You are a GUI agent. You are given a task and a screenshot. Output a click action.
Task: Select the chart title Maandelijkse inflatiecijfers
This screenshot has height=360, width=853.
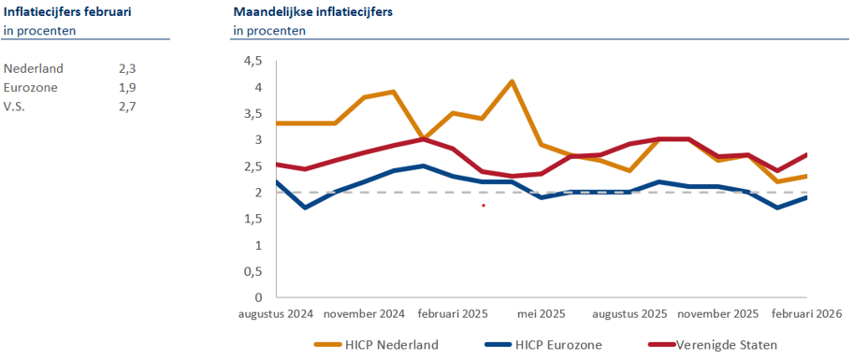[x=312, y=11]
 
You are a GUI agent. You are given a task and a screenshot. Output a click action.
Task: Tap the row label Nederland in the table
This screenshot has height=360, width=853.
[x=34, y=68]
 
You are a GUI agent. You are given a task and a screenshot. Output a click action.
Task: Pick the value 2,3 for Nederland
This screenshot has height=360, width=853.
[x=127, y=68]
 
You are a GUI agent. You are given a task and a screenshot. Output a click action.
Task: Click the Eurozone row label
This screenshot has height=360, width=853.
[x=31, y=87]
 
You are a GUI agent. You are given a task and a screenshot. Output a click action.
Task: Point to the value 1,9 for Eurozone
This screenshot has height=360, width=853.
[x=127, y=87]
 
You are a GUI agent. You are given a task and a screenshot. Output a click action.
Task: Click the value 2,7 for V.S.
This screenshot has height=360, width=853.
[x=127, y=106]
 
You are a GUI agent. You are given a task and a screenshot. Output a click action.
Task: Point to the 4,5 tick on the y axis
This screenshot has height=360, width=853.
[x=253, y=61]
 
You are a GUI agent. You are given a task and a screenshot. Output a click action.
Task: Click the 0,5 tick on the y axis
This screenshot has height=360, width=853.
[x=253, y=271]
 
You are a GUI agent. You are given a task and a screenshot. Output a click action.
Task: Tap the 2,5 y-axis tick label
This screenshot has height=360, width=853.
[x=253, y=166]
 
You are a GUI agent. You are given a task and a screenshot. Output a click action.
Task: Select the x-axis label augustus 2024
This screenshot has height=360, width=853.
[x=275, y=314]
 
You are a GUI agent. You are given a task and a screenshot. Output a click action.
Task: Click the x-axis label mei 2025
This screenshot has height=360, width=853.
[x=541, y=314]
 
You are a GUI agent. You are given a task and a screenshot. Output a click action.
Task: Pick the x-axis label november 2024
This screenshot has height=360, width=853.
[x=364, y=314]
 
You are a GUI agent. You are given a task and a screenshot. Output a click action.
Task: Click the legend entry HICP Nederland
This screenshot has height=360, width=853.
[x=389, y=344]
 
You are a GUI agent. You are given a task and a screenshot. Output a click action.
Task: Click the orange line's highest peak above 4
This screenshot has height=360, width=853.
[x=512, y=81]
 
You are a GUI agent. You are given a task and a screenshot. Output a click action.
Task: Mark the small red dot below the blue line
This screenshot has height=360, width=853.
[x=484, y=205]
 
